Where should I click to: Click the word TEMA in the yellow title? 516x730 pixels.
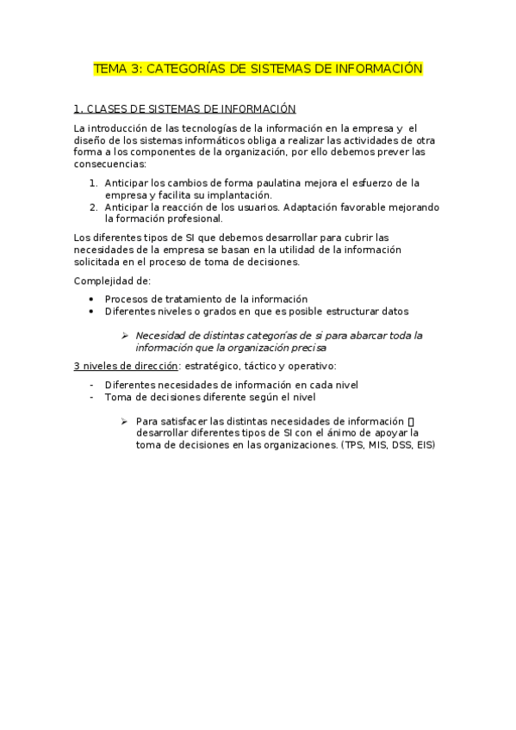[109, 68]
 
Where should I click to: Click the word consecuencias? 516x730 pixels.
[110, 164]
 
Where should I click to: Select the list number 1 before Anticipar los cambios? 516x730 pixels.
[93, 182]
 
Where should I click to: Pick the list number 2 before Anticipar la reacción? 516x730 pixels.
[93, 207]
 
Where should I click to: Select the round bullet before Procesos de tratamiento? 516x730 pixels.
[91, 299]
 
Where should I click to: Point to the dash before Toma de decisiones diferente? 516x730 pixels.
[91, 397]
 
